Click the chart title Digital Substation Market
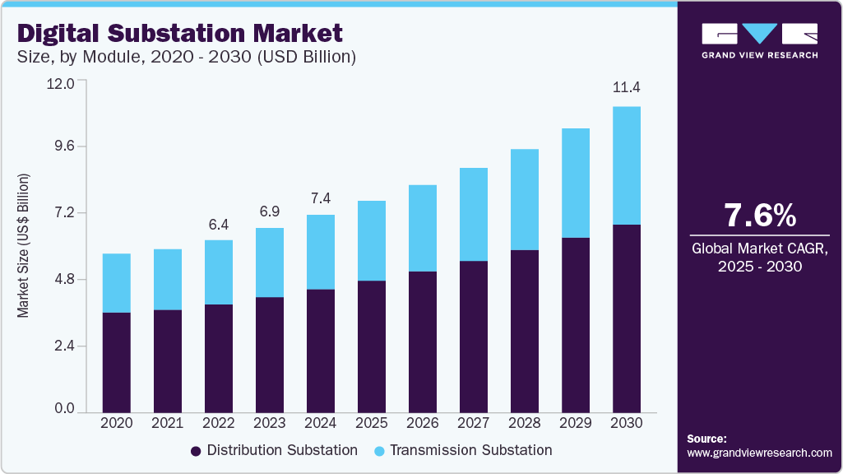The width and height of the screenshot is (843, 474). click(180, 34)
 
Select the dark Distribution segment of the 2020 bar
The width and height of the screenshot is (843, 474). click(117, 362)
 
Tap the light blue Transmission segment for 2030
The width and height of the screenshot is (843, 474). click(627, 165)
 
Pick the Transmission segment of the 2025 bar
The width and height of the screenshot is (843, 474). click(372, 240)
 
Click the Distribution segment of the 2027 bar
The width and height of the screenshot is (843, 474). click(474, 336)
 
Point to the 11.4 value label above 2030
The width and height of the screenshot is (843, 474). click(627, 88)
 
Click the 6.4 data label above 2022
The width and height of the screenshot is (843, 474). click(219, 224)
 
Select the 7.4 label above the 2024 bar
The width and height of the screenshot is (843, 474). click(321, 198)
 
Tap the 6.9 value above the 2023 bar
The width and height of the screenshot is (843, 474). click(270, 211)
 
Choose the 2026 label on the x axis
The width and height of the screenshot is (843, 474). click(423, 423)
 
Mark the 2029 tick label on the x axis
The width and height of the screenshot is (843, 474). click(576, 423)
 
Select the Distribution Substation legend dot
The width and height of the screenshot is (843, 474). click(196, 451)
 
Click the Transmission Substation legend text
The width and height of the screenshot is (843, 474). click(470, 450)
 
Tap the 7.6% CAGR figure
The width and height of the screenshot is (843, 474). click(759, 216)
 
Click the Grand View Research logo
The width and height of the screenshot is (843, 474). click(759, 40)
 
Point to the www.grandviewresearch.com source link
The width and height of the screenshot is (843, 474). click(759, 453)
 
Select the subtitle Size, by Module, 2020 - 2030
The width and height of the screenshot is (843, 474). click(186, 57)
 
